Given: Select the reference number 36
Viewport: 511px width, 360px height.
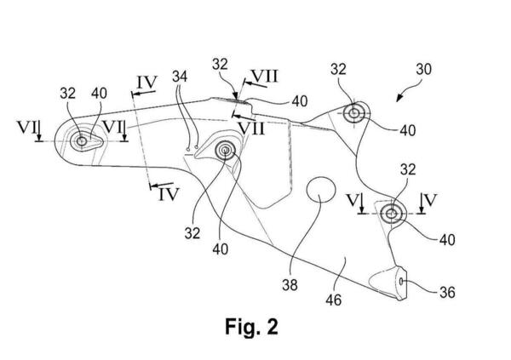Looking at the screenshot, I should tap(447, 293).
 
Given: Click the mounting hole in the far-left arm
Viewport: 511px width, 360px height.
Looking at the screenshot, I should tap(82, 142).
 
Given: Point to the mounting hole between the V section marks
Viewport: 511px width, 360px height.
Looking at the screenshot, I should tap(392, 213).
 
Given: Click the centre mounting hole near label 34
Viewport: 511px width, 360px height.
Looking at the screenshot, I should tap(227, 151).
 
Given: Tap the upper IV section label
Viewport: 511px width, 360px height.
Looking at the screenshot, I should tap(146, 83).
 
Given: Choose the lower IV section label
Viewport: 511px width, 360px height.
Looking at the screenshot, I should tap(167, 194).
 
